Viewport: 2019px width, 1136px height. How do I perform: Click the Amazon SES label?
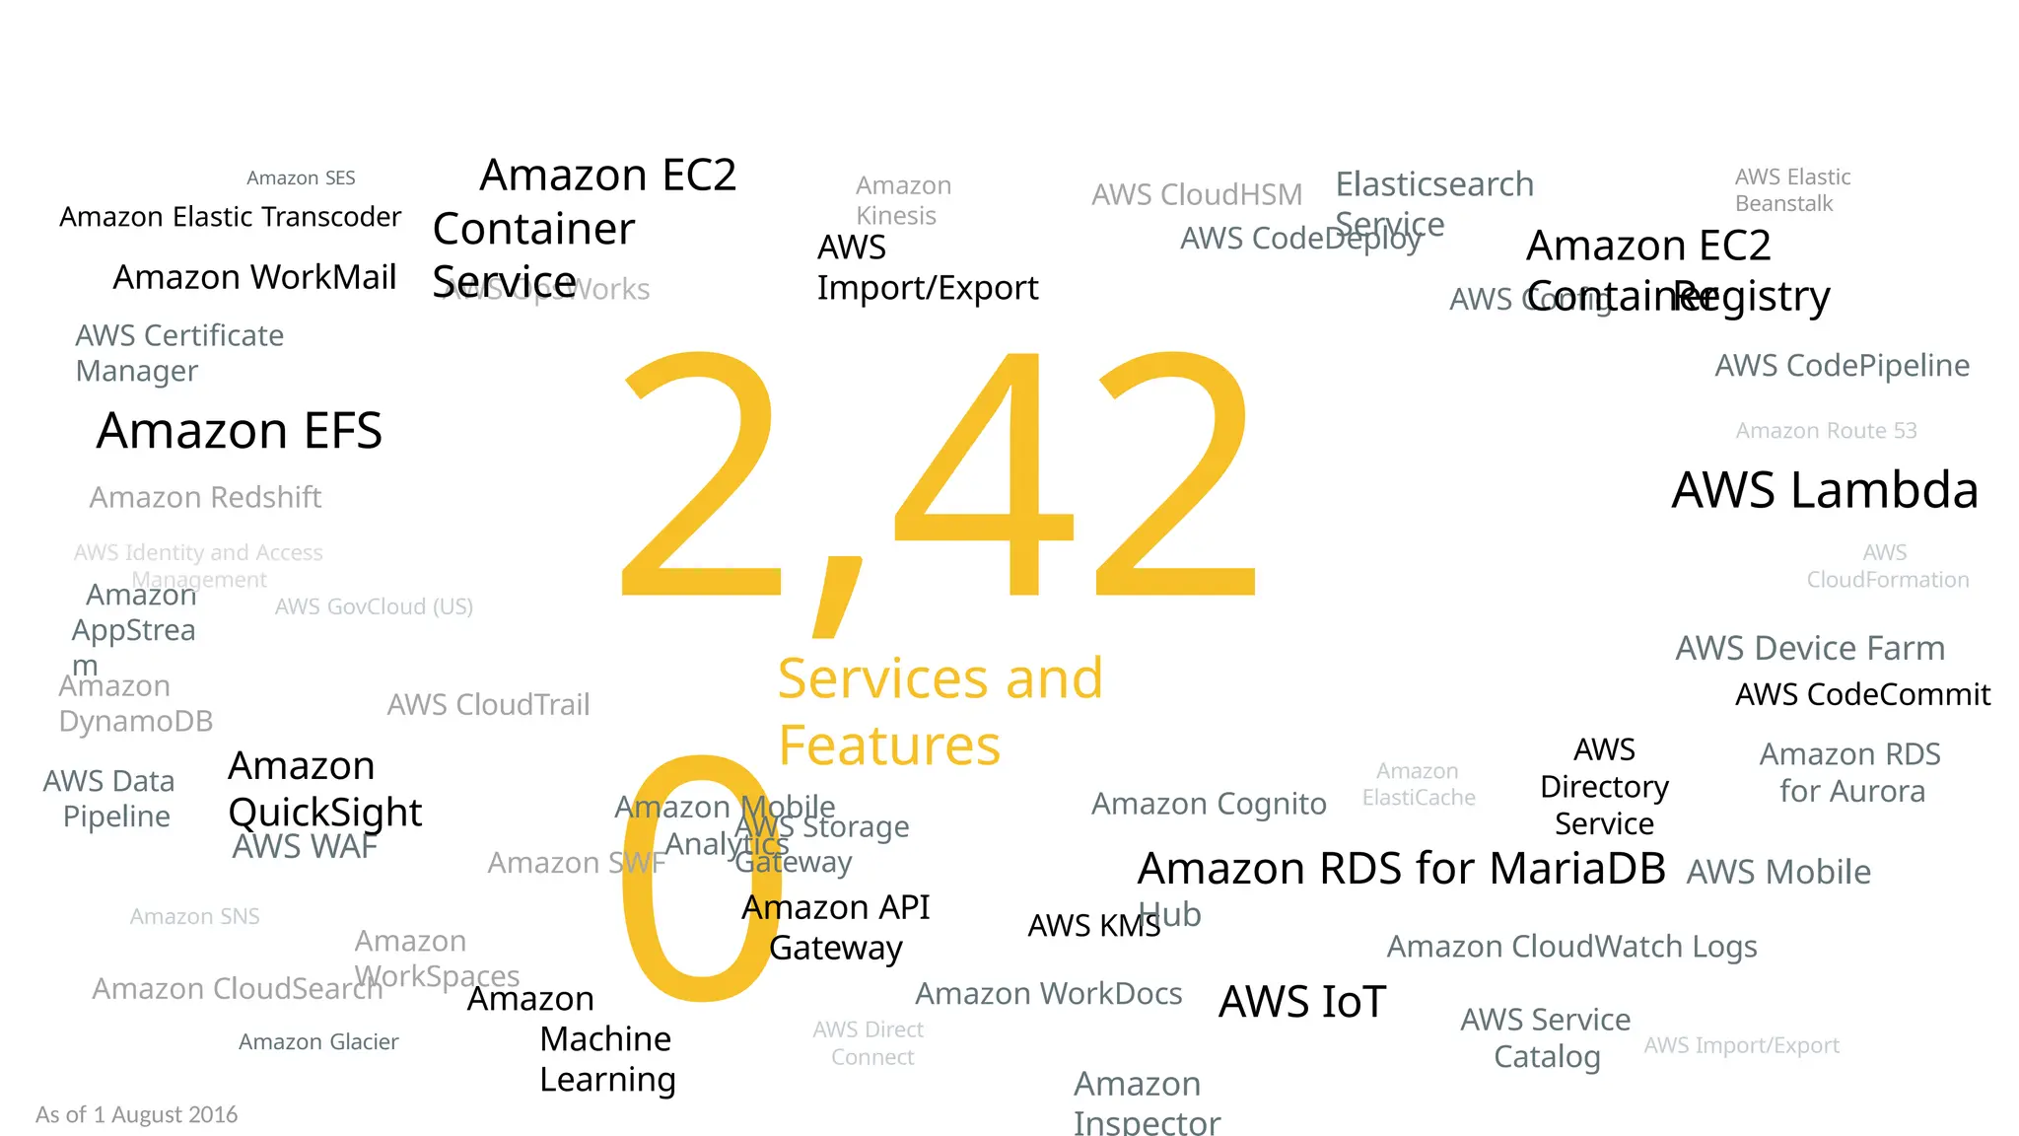click(x=301, y=178)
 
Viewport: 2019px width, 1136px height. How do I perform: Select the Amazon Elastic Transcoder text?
click(x=230, y=217)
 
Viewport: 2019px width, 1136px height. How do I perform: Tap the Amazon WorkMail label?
click(x=254, y=277)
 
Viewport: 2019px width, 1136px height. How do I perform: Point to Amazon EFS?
click(x=239, y=431)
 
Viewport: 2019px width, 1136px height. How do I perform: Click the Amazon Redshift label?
click(x=205, y=497)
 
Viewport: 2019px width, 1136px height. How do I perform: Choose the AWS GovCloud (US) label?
click(x=374, y=606)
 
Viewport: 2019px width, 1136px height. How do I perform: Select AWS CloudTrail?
click(x=488, y=704)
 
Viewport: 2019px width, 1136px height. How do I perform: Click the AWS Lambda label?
click(x=1825, y=490)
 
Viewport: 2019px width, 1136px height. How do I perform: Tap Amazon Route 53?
click(x=1826, y=431)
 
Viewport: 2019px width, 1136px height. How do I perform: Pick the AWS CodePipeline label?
click(x=1842, y=366)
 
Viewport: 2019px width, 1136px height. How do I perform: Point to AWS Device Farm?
click(x=1810, y=648)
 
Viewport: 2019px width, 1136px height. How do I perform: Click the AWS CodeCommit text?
click(x=1862, y=694)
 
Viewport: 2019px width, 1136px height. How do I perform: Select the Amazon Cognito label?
click(x=1209, y=804)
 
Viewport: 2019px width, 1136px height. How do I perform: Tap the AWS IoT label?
click(x=1302, y=1002)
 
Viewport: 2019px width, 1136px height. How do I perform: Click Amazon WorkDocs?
click(x=1048, y=994)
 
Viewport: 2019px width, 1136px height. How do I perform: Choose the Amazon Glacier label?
click(x=318, y=1042)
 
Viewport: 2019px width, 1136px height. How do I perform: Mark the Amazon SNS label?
click(x=194, y=917)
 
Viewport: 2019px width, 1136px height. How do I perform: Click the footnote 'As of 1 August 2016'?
click(x=136, y=1114)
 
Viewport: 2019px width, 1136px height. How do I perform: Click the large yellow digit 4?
click(x=986, y=473)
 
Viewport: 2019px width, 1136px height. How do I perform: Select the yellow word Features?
click(x=889, y=745)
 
